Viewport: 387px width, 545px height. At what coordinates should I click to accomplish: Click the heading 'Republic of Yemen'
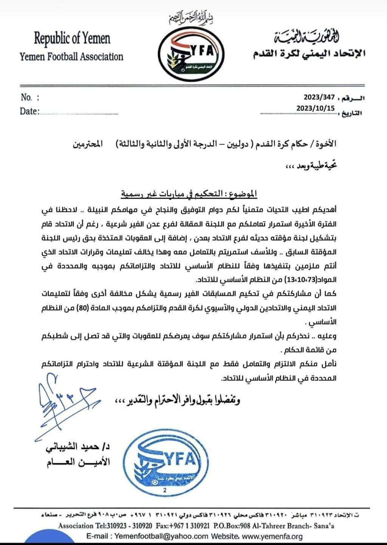[x=72, y=38]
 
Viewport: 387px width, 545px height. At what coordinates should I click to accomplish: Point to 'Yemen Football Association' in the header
[x=71, y=57]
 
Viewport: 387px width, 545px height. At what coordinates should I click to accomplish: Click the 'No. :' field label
[x=30, y=98]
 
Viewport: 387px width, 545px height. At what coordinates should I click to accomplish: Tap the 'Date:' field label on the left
[x=29, y=111]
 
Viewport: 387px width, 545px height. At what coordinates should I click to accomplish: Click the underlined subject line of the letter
[x=188, y=194]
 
